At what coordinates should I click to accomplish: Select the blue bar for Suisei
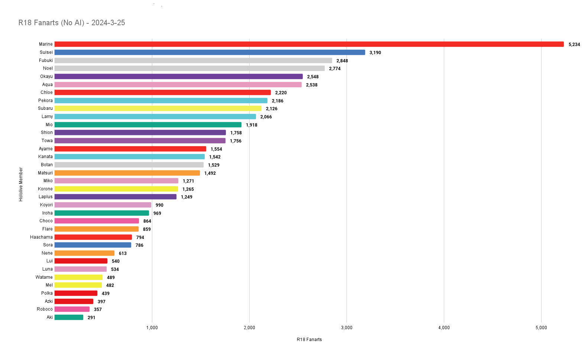(x=210, y=52)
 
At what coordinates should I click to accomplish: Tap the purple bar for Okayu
(x=179, y=76)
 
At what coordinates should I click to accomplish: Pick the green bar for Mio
(x=148, y=125)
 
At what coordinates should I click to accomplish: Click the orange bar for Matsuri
(x=127, y=173)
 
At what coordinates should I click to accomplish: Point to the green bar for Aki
(x=69, y=317)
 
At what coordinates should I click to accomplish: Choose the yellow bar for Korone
(x=116, y=189)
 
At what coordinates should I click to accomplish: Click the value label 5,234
(x=574, y=45)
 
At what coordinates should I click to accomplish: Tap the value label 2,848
(x=342, y=61)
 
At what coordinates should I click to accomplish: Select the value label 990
(x=159, y=205)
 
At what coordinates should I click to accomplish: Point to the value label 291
(x=91, y=318)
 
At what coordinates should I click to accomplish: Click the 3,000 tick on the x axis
(x=347, y=328)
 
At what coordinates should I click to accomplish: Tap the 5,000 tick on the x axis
(x=541, y=328)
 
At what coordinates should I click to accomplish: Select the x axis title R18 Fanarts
(x=309, y=340)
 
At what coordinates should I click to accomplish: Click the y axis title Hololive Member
(x=21, y=184)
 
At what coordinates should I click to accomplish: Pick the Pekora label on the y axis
(x=45, y=101)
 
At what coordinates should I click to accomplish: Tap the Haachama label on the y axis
(x=41, y=237)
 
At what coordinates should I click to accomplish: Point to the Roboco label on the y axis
(x=45, y=309)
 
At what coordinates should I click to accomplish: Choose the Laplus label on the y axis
(x=45, y=197)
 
